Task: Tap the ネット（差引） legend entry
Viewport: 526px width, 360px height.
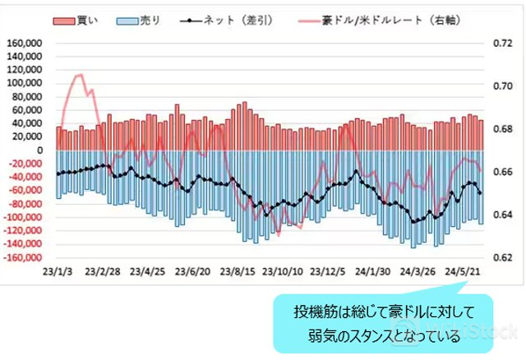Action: tap(221, 21)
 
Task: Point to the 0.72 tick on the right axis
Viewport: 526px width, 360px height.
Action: tap(501, 44)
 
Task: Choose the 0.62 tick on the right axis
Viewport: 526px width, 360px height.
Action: tap(501, 257)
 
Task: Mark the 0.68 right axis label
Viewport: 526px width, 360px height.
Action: tap(501, 129)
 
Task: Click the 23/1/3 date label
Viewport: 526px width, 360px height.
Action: tap(56, 271)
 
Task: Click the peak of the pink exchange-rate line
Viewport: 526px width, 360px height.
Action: tap(80, 76)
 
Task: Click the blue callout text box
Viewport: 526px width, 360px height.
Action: tap(385, 325)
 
